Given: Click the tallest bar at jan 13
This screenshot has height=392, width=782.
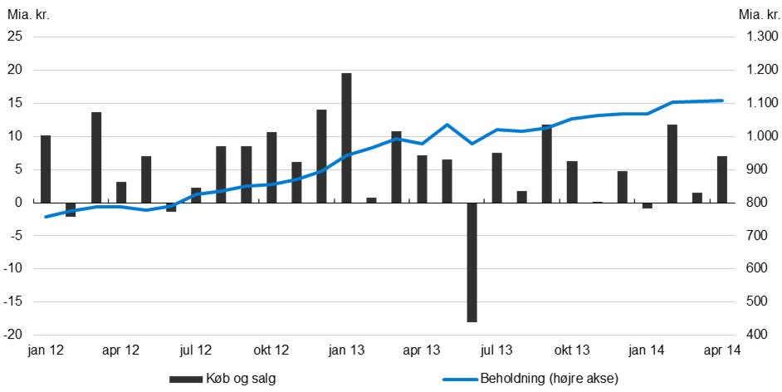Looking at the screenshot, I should pos(346,138).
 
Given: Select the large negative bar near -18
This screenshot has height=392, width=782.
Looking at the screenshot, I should pos(472,262).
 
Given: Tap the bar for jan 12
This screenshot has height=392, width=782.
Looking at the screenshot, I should pos(46,169).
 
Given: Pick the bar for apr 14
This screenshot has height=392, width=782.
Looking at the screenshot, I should pos(722,179).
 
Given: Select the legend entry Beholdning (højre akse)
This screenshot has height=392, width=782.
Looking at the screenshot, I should pos(548,380).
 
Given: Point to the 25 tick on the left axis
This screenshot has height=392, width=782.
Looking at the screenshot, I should pos(15,37).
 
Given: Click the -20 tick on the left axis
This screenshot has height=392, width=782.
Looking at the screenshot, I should pos(13,335).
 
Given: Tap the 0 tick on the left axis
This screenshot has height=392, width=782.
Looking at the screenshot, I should pos(18,203).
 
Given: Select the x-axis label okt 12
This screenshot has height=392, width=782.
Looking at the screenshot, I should pos(271,350).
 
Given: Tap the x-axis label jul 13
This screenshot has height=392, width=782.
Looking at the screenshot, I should pos(496,350).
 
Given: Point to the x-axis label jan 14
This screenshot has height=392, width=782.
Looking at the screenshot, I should pos(647,350).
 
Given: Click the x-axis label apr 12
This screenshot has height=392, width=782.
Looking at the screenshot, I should pos(120,350).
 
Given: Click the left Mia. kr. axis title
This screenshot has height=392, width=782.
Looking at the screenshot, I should pos(25,13).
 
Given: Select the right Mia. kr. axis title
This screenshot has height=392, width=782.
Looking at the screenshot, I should pos(756,13).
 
